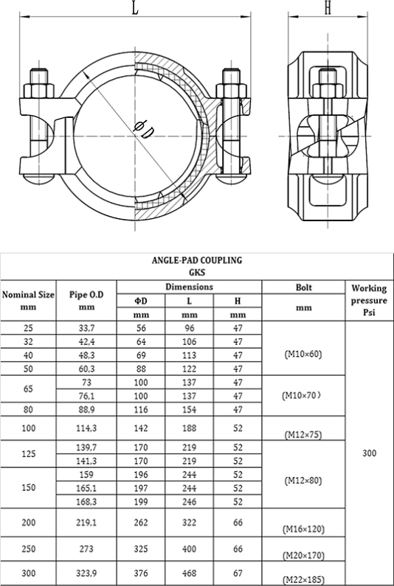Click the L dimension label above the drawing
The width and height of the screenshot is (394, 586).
(x=136, y=8)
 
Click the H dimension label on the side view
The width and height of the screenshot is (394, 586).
(x=328, y=8)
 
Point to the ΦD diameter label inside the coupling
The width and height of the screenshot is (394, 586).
(x=145, y=128)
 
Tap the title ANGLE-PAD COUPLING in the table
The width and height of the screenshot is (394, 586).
(x=197, y=260)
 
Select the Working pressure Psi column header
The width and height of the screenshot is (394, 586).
(x=369, y=300)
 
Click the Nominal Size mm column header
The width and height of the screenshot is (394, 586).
(x=29, y=301)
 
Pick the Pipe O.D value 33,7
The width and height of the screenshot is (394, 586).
(x=86, y=328)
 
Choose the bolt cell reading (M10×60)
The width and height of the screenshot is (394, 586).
(x=303, y=355)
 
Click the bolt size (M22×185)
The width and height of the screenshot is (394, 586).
(x=303, y=579)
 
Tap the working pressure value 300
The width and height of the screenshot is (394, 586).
(x=370, y=453)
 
